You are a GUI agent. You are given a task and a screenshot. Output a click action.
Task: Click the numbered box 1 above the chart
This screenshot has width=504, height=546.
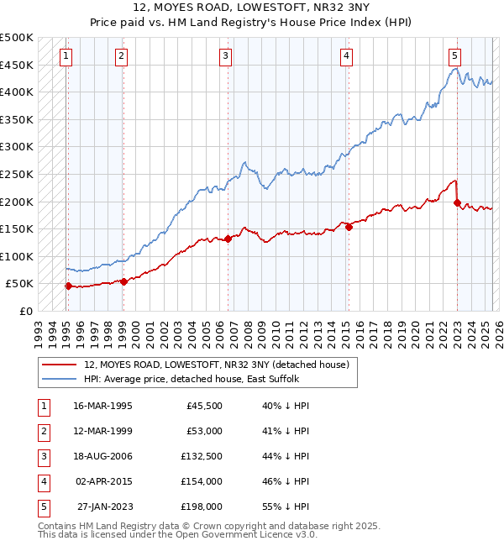66,56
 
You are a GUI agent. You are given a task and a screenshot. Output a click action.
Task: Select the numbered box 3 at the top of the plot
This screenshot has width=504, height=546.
226,56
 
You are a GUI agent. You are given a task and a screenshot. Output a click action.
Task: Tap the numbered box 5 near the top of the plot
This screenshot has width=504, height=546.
454,56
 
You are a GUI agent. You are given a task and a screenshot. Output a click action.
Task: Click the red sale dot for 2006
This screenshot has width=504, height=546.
228,239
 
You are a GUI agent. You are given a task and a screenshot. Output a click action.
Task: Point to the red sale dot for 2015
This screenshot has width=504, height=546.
349,227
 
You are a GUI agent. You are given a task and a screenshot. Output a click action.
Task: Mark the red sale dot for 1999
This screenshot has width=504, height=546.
123,281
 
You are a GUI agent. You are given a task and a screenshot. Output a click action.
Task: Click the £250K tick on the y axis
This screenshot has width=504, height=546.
17,174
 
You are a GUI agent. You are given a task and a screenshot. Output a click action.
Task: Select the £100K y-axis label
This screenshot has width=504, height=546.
17,256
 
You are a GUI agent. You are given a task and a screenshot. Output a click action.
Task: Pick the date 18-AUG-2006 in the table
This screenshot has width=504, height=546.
103,456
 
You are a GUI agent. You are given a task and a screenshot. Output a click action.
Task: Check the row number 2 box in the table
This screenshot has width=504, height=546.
42,431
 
